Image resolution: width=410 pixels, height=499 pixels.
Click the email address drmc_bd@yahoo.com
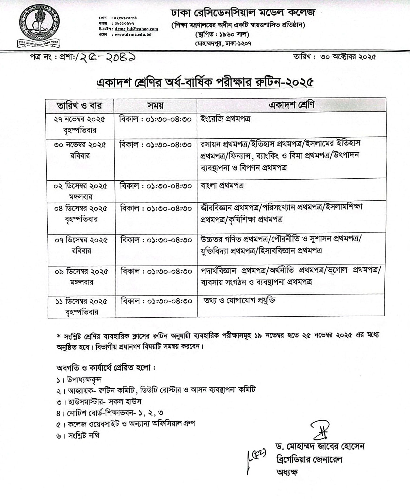click(x=136, y=29)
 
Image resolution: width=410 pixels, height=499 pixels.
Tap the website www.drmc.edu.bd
click(x=133, y=34)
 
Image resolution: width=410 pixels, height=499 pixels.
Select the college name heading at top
click(x=243, y=13)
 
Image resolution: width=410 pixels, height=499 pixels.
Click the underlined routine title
click(x=205, y=83)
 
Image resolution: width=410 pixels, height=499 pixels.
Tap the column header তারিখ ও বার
click(x=80, y=105)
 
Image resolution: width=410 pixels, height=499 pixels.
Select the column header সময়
click(x=156, y=105)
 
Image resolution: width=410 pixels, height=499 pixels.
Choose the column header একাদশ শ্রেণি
click(x=292, y=105)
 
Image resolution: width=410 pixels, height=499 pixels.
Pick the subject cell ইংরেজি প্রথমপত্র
click(x=226, y=119)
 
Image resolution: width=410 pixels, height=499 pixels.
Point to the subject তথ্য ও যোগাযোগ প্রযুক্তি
click(x=240, y=300)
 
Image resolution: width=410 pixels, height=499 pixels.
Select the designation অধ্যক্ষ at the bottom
click(x=287, y=472)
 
